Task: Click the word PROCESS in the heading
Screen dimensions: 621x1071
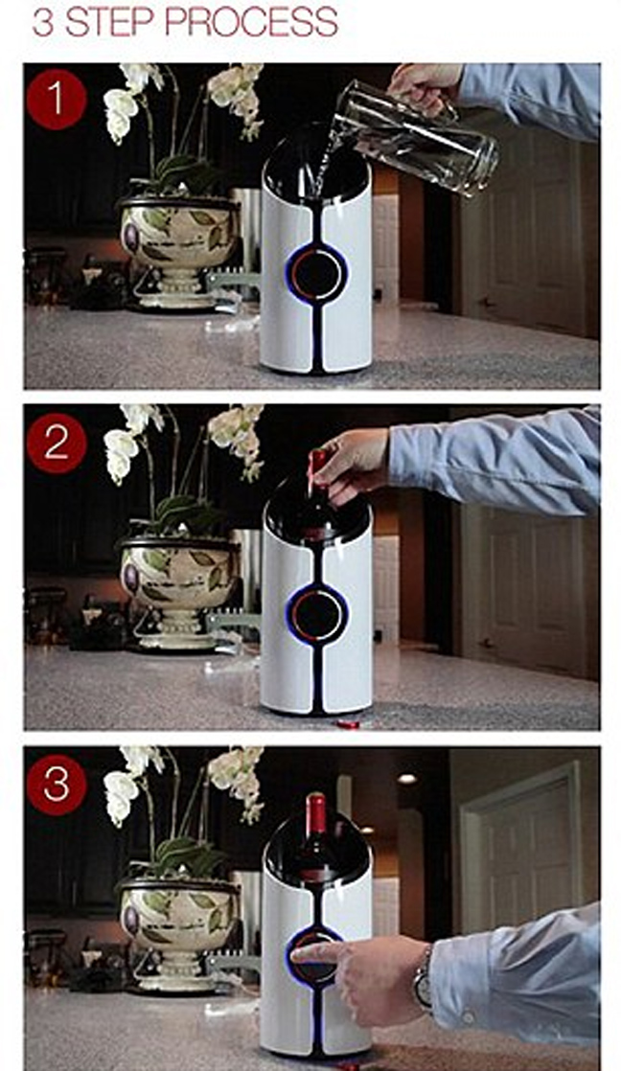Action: point(250,22)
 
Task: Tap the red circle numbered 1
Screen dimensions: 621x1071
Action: point(56,100)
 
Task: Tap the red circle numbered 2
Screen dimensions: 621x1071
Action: point(56,444)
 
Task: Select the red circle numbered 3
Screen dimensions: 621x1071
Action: point(56,785)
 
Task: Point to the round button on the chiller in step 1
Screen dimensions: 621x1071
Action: point(316,273)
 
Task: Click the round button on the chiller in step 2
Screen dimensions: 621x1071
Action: point(316,613)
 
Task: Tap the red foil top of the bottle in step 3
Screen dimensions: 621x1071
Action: point(315,813)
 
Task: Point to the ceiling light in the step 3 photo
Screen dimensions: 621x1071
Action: point(408,778)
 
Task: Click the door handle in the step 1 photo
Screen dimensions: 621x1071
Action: point(486,301)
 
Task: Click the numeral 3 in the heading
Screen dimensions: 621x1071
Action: point(43,23)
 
